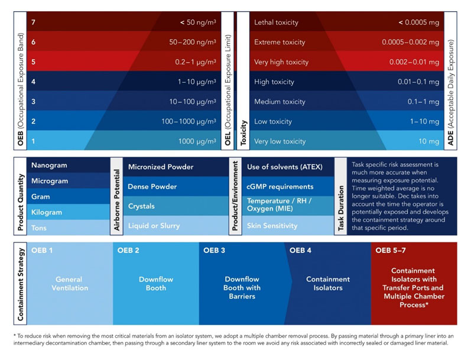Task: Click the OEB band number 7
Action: tap(34, 22)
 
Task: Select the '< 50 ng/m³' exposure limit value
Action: tap(198, 22)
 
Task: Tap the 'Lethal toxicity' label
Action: tap(276, 22)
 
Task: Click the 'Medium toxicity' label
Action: tap(280, 102)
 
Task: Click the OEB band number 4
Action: tap(34, 82)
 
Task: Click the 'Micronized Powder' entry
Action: tap(161, 167)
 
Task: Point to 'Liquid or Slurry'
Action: tap(154, 225)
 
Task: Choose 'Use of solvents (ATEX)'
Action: tap(285, 167)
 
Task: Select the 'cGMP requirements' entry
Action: tap(280, 187)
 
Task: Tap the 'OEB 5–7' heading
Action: tap(390, 250)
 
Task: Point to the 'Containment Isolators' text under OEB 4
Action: tap(328, 284)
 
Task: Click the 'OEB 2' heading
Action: tap(128, 250)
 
